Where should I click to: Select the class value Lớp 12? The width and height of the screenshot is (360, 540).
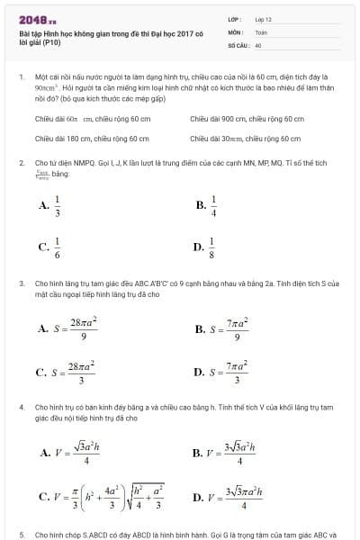pos(264,18)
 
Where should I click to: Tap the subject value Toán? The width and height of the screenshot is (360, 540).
pos(262,31)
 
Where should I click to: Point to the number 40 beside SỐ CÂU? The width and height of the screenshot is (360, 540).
pos(258,43)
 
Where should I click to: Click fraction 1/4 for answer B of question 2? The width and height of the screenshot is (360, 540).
pos(213,205)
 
